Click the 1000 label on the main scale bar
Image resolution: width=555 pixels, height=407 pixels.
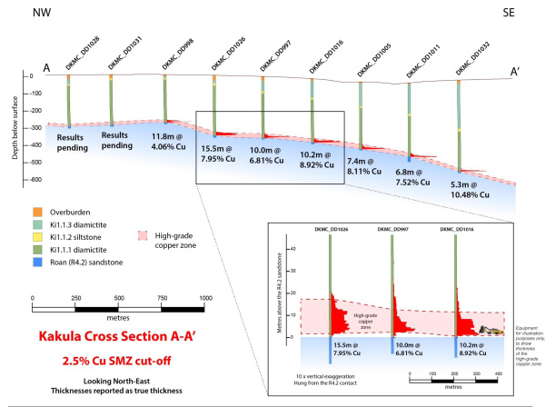point(205,298)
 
